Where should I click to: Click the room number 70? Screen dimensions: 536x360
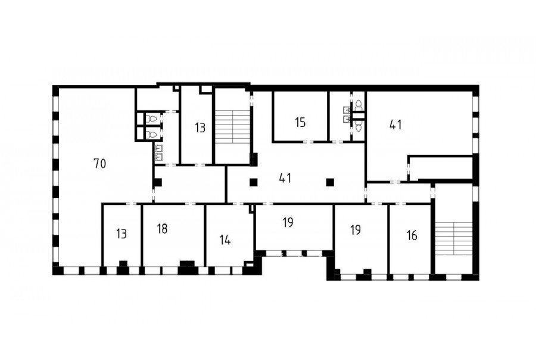pyautogui.click(x=100, y=164)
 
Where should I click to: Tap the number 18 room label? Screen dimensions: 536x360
pyautogui.click(x=162, y=229)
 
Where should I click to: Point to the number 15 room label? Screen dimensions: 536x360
pyautogui.click(x=300, y=122)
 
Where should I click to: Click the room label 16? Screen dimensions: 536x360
pyautogui.click(x=412, y=235)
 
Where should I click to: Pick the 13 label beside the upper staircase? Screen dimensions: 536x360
pyautogui.click(x=200, y=128)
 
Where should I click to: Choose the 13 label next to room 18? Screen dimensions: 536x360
pyautogui.click(x=121, y=234)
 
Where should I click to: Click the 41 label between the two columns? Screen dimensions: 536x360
pyautogui.click(x=285, y=178)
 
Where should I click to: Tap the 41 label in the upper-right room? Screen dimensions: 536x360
pyautogui.click(x=395, y=125)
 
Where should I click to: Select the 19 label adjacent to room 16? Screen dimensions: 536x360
pyautogui.click(x=356, y=229)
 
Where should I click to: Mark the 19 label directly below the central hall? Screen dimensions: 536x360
pyautogui.click(x=288, y=222)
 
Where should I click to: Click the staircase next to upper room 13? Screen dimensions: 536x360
pyautogui.click(x=233, y=126)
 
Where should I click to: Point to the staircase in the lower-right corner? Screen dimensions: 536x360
pyautogui.click(x=453, y=238)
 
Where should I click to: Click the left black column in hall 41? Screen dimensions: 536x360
pyautogui.click(x=253, y=182)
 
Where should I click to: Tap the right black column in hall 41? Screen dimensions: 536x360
pyautogui.click(x=330, y=182)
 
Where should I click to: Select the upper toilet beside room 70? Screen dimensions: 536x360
pyautogui.click(x=152, y=119)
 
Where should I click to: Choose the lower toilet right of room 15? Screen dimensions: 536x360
pyautogui.click(x=359, y=126)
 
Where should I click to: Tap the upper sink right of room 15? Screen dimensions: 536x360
pyautogui.click(x=347, y=110)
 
